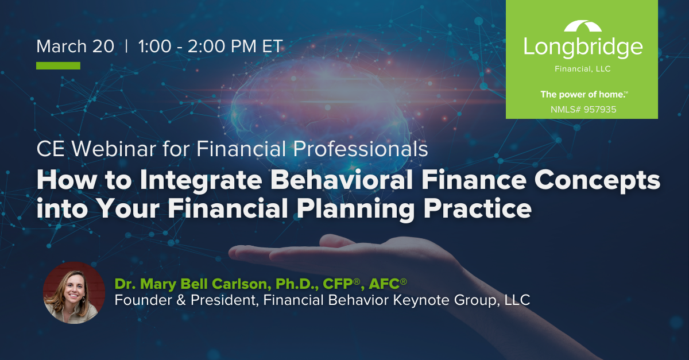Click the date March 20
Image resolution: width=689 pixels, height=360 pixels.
(75, 47)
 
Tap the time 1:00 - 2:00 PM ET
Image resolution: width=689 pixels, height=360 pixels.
(210, 47)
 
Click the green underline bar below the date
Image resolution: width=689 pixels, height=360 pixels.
(58, 65)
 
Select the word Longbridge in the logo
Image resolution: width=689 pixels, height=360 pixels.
(583, 47)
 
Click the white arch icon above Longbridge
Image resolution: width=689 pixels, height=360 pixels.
(583, 26)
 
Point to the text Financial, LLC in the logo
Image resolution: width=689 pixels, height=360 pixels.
(583, 69)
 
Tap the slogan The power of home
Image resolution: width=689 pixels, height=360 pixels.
(583, 95)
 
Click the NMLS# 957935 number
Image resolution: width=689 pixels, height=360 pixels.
(583, 110)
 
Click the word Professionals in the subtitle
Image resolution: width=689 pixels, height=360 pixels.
(360, 149)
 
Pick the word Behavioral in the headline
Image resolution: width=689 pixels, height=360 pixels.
(342, 180)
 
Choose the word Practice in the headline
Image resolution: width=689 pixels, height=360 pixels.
(478, 208)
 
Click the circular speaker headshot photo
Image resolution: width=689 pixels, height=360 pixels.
(74, 293)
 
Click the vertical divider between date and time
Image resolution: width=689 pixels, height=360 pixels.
(126, 46)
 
